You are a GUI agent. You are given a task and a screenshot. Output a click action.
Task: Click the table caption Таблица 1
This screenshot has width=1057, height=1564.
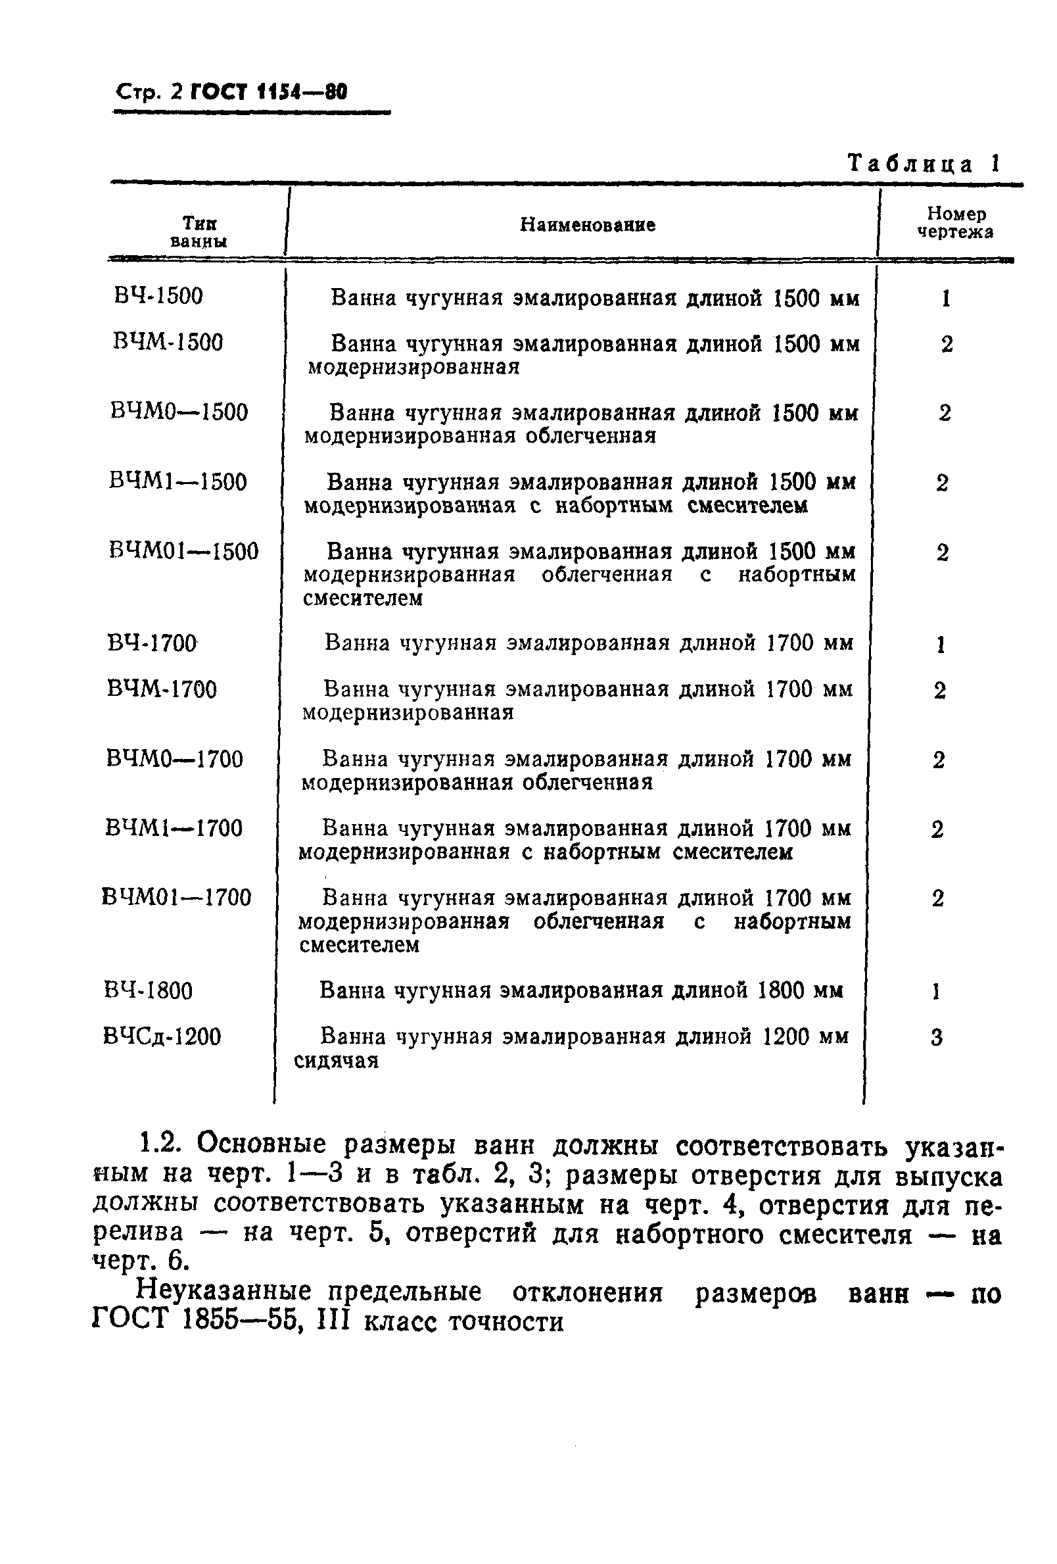(x=923, y=164)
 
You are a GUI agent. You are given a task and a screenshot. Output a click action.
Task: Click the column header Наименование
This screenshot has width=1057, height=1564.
(x=588, y=225)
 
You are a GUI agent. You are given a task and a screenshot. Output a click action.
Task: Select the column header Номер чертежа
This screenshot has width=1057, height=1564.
(x=955, y=224)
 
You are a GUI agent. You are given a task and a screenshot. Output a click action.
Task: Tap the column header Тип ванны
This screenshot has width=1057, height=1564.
(x=199, y=232)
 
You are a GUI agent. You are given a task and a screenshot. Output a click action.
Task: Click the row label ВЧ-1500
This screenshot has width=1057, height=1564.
(x=159, y=296)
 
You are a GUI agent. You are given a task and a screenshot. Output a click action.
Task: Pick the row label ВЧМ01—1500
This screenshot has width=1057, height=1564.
(x=183, y=552)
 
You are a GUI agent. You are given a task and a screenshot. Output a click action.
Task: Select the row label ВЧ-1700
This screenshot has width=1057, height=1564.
(x=151, y=643)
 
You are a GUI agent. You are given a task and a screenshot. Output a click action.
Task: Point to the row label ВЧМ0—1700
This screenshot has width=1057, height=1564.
(x=174, y=759)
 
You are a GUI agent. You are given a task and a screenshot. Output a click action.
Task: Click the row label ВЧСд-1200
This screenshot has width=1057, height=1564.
(x=162, y=1037)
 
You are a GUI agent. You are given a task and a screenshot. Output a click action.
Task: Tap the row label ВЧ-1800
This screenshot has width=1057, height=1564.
(x=149, y=990)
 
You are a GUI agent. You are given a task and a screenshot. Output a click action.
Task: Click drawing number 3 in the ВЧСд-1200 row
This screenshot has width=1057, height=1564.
(x=937, y=1038)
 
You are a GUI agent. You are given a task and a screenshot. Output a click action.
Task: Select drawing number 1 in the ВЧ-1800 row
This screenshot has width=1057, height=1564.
(x=935, y=991)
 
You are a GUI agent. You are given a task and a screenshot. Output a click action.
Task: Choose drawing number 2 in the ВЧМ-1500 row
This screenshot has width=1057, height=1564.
(x=947, y=345)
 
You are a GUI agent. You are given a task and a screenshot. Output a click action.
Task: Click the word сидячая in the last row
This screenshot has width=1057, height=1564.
(x=337, y=1062)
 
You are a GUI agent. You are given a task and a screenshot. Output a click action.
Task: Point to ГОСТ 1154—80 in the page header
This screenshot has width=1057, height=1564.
(x=269, y=91)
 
